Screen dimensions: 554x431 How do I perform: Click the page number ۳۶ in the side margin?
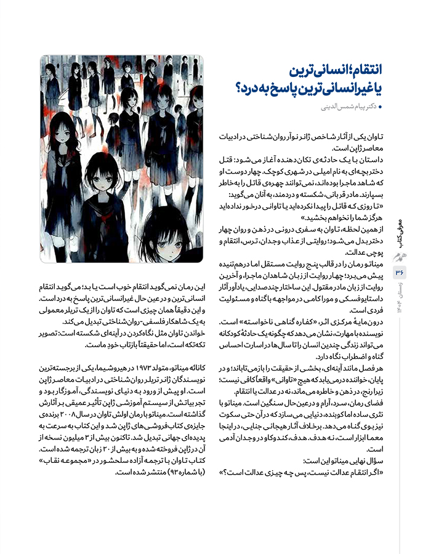(400, 271)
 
